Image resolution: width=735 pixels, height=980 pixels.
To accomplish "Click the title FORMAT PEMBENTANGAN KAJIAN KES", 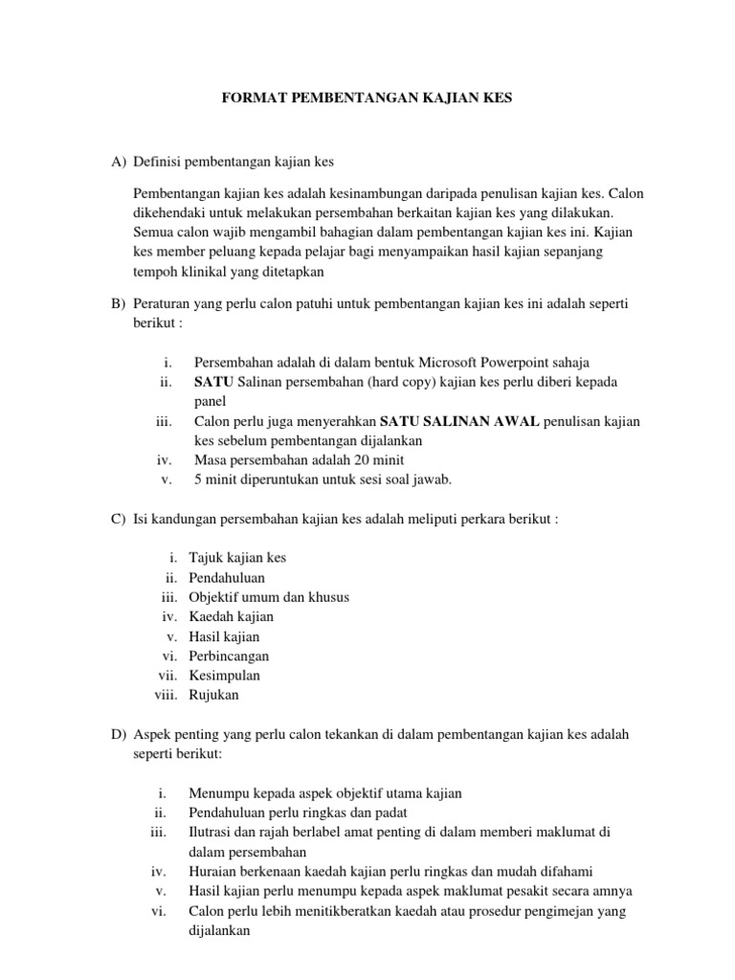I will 367,99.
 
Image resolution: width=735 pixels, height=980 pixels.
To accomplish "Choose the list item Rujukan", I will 214,695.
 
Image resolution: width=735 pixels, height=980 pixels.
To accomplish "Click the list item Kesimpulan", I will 224,676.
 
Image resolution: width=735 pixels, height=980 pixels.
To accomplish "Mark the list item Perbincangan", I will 229,656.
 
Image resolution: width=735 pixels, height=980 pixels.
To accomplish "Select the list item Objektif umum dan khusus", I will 269,596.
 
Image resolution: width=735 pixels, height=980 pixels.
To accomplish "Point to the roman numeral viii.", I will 167,695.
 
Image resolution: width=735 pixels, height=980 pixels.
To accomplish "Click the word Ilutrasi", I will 212,833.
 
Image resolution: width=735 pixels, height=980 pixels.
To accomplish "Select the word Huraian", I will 215,871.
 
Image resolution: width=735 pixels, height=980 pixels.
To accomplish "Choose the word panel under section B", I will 209,402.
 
